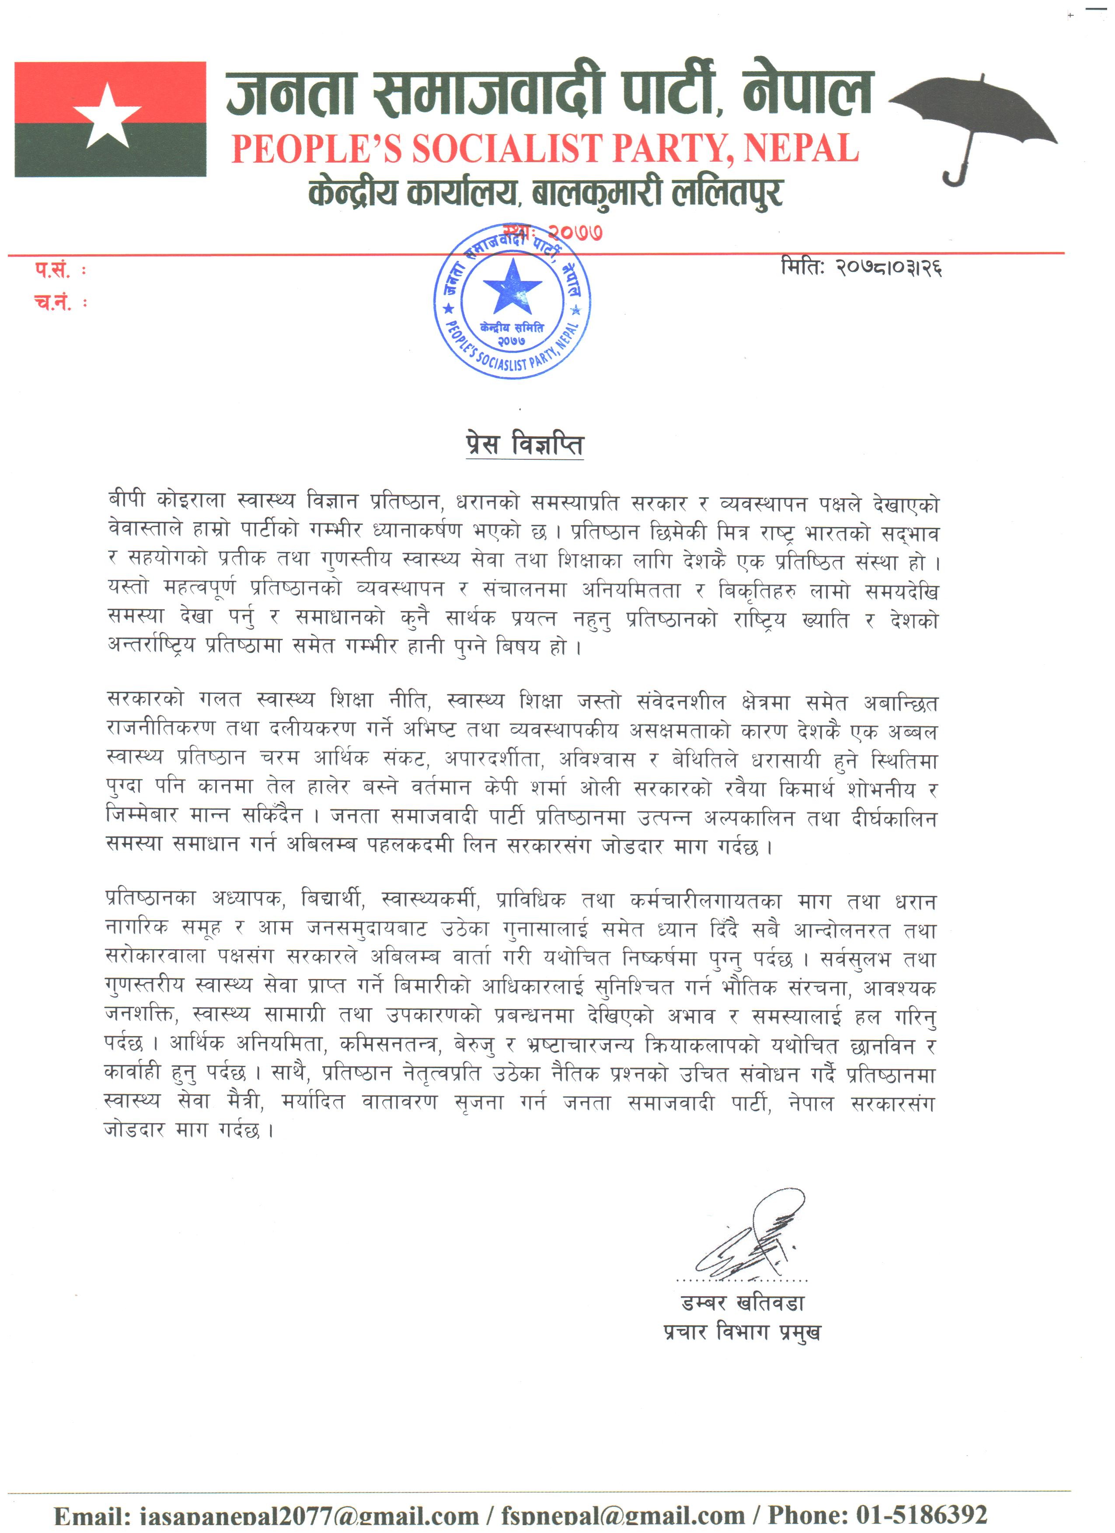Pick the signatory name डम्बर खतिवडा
[x=742, y=1303]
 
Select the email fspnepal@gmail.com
[x=622, y=1521]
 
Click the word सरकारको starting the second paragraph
[x=145, y=700]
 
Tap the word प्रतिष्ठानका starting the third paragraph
[x=150, y=899]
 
